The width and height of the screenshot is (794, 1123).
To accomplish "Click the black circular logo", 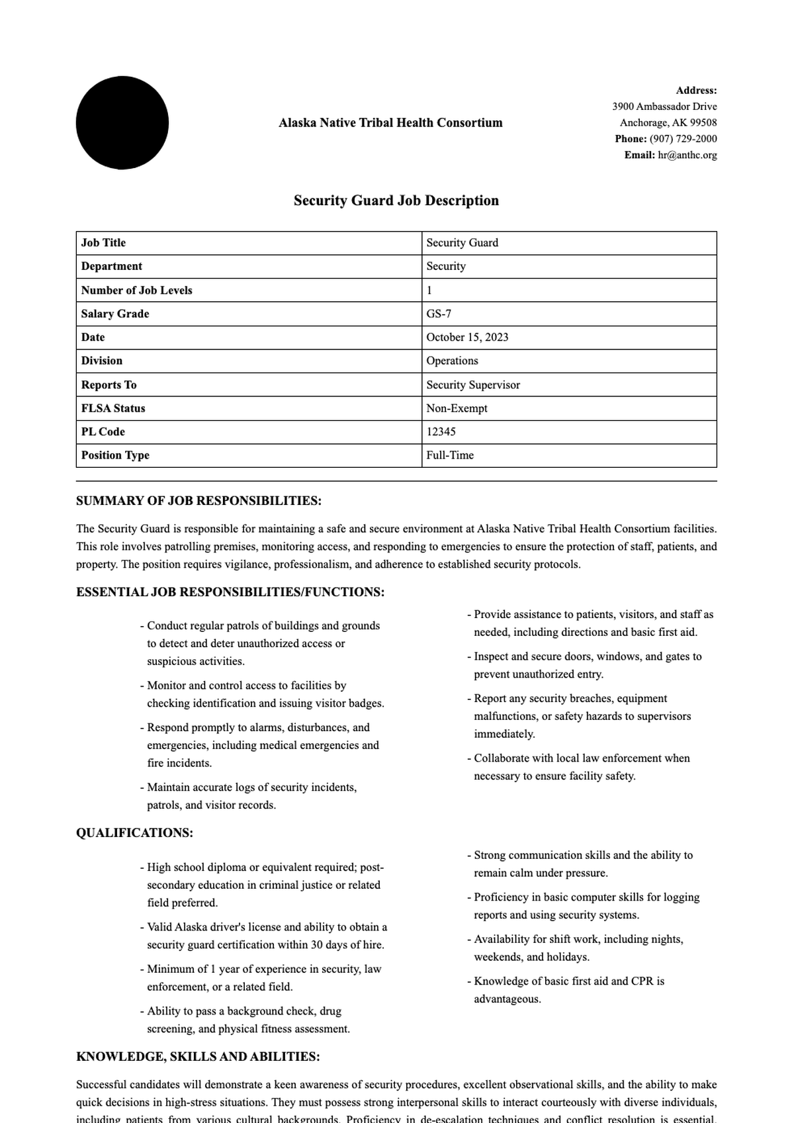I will [x=122, y=123].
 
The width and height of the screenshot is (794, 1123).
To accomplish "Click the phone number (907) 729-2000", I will [x=683, y=139].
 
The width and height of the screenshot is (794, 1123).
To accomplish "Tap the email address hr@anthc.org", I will [x=687, y=155].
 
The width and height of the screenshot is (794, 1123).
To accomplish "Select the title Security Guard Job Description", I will [x=396, y=201].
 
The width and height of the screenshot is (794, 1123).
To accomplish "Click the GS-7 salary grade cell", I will [x=439, y=314].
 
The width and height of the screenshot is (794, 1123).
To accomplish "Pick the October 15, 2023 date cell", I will [x=467, y=337].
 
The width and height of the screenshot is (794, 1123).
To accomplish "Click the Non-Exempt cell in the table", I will [x=457, y=408].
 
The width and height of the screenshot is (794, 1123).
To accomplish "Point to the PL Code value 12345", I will [x=441, y=431].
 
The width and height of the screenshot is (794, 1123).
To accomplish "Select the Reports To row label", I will [x=109, y=384].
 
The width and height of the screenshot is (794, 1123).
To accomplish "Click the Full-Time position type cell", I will [x=450, y=455].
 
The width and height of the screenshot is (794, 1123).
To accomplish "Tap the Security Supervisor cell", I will [x=473, y=384].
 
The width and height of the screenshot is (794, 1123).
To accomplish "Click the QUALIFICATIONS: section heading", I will [x=135, y=833].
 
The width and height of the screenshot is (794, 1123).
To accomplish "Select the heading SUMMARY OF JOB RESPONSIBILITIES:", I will [x=198, y=501].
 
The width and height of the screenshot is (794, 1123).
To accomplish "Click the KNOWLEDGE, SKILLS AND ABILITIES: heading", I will [x=198, y=1057].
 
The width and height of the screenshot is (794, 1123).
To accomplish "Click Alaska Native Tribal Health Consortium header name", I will [x=390, y=123].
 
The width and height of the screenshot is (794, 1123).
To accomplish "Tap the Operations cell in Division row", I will [x=452, y=361].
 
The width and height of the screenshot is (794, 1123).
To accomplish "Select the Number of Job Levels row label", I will [x=137, y=290].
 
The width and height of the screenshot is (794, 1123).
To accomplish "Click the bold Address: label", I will [x=696, y=91].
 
